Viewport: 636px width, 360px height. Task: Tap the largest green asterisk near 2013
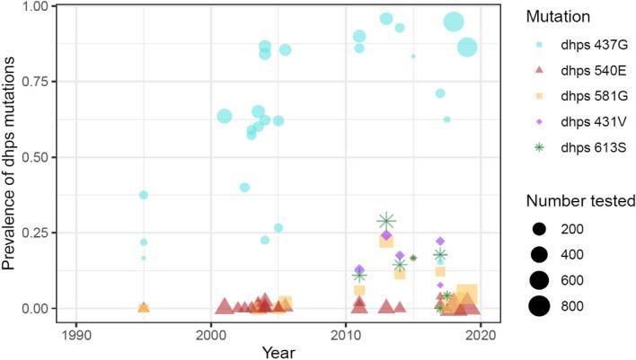click(x=386, y=221)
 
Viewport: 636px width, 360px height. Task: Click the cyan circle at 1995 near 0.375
click(x=143, y=195)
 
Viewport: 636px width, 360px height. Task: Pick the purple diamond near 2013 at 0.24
click(x=386, y=235)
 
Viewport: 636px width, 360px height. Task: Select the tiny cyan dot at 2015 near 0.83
click(x=413, y=57)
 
